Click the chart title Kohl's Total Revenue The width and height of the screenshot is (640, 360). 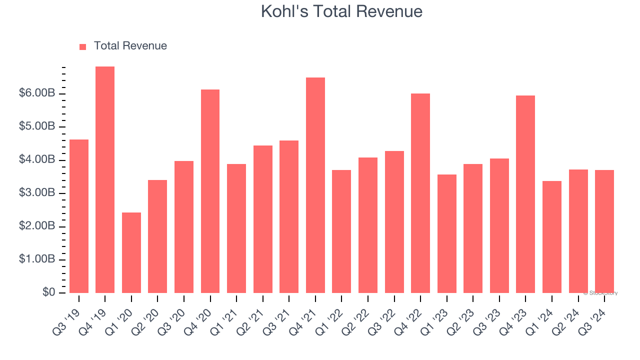coord(341,11)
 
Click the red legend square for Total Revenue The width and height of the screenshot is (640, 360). coord(83,46)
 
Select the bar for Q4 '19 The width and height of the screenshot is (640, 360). coord(105,180)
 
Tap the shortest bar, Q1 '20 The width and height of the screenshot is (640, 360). coord(131,252)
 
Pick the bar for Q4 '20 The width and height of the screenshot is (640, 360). coord(210,191)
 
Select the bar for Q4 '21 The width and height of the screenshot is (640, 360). coord(315,185)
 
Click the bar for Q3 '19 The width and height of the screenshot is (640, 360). coord(79,216)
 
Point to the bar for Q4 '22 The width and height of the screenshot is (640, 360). coord(420,193)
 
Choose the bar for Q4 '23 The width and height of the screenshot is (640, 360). coord(525,194)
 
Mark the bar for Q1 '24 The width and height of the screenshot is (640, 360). coord(551,237)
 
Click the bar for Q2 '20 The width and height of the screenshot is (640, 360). coord(157,236)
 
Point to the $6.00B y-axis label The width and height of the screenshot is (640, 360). coord(37,93)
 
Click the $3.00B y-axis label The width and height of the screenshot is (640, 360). coord(37,193)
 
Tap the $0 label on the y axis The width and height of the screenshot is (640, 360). coord(48,292)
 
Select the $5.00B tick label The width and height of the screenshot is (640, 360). coord(37,126)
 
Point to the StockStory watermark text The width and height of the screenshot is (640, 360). coord(600,293)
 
